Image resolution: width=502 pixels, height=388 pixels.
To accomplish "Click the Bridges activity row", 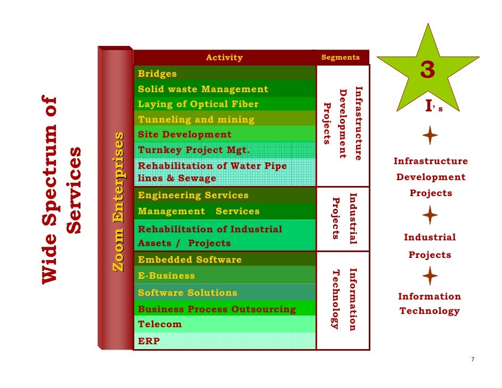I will click(x=224, y=74).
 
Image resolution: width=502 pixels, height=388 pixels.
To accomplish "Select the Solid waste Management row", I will click(x=224, y=89).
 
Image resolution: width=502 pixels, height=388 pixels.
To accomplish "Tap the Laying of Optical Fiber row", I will click(x=224, y=104).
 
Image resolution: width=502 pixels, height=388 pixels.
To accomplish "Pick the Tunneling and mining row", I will click(x=224, y=119).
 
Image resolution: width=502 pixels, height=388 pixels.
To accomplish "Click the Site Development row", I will click(x=224, y=134).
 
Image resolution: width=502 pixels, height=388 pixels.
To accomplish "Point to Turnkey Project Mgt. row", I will click(x=224, y=150).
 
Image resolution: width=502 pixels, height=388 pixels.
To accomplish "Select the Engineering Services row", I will click(x=224, y=195).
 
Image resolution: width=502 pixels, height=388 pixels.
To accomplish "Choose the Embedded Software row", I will click(x=224, y=260).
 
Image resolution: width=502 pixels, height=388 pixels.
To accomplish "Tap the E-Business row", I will click(x=224, y=276).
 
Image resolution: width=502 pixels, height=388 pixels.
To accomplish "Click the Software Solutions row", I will click(x=224, y=293).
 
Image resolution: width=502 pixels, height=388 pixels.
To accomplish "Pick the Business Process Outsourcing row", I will click(x=224, y=309).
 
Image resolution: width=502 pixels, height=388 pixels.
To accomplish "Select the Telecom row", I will click(x=224, y=324).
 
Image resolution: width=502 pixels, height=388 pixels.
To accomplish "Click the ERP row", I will click(x=224, y=341).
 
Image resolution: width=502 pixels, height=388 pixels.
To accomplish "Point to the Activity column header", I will click(x=224, y=58).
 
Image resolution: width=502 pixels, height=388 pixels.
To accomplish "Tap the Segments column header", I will click(x=341, y=58).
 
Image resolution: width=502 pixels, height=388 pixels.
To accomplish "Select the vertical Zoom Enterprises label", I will click(x=118, y=203).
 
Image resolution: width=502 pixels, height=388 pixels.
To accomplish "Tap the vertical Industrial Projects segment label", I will click(x=344, y=219).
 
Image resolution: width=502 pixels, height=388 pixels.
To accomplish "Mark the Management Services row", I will click(x=224, y=211).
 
